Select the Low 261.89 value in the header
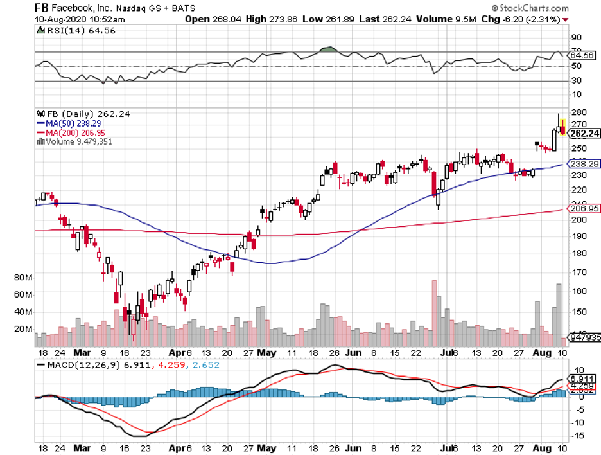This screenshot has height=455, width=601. tap(323, 19)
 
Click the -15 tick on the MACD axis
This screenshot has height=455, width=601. tap(577, 436)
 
